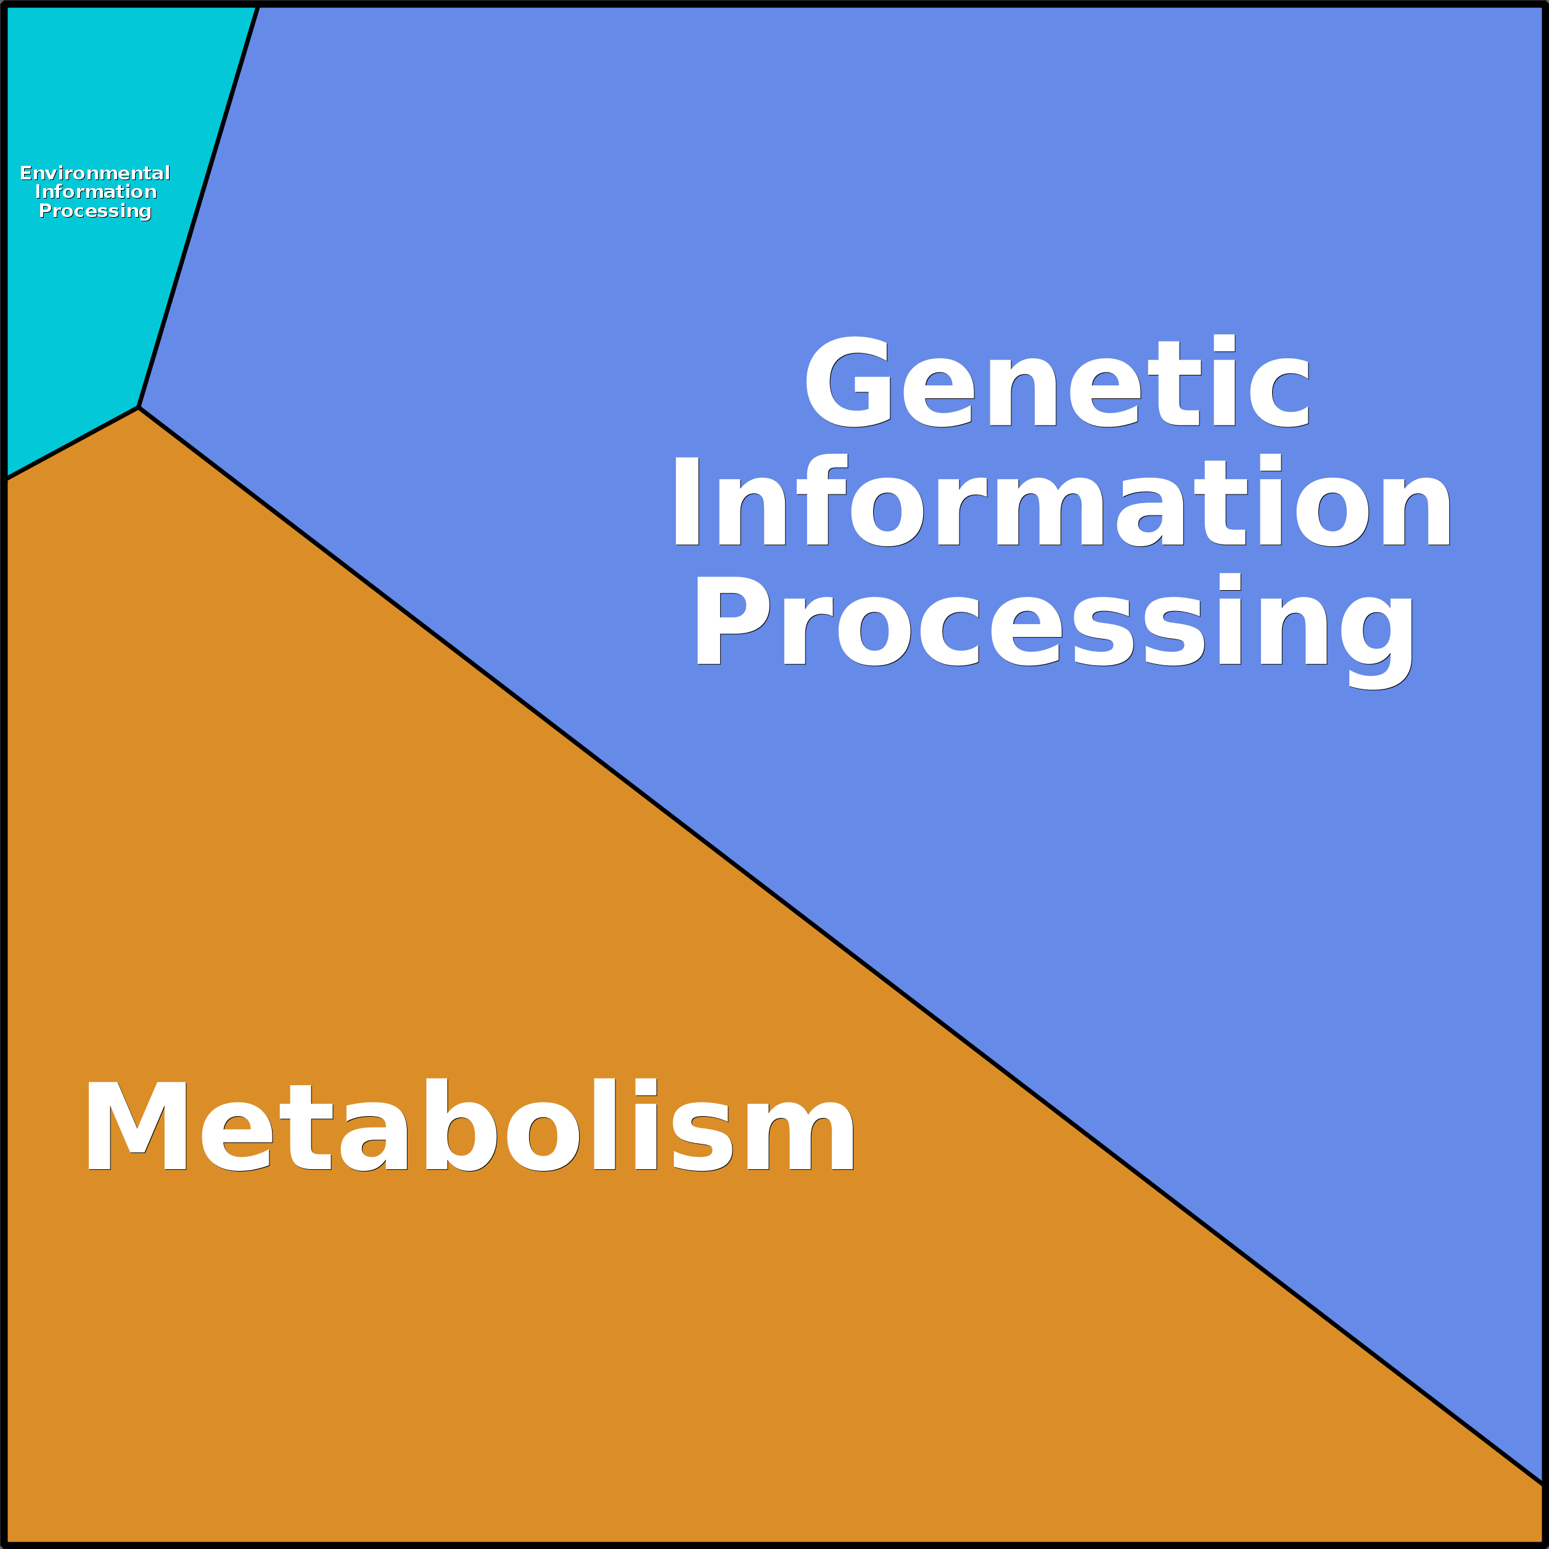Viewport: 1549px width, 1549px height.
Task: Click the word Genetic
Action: click(x=1057, y=381)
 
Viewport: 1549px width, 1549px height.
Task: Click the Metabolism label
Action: click(x=470, y=1124)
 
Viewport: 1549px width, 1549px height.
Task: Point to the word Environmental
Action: click(x=94, y=173)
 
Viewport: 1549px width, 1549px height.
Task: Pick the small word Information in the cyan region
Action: click(x=96, y=192)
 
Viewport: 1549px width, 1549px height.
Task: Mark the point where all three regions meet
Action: click(x=139, y=408)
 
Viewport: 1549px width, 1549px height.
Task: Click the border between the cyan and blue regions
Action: click(x=198, y=207)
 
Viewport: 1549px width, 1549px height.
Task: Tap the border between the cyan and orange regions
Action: click(x=72, y=443)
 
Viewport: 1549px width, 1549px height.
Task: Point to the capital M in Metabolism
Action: click(x=137, y=1125)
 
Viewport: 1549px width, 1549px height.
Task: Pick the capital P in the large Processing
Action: click(x=733, y=620)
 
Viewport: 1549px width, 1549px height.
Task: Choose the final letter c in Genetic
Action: click(x=1280, y=393)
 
